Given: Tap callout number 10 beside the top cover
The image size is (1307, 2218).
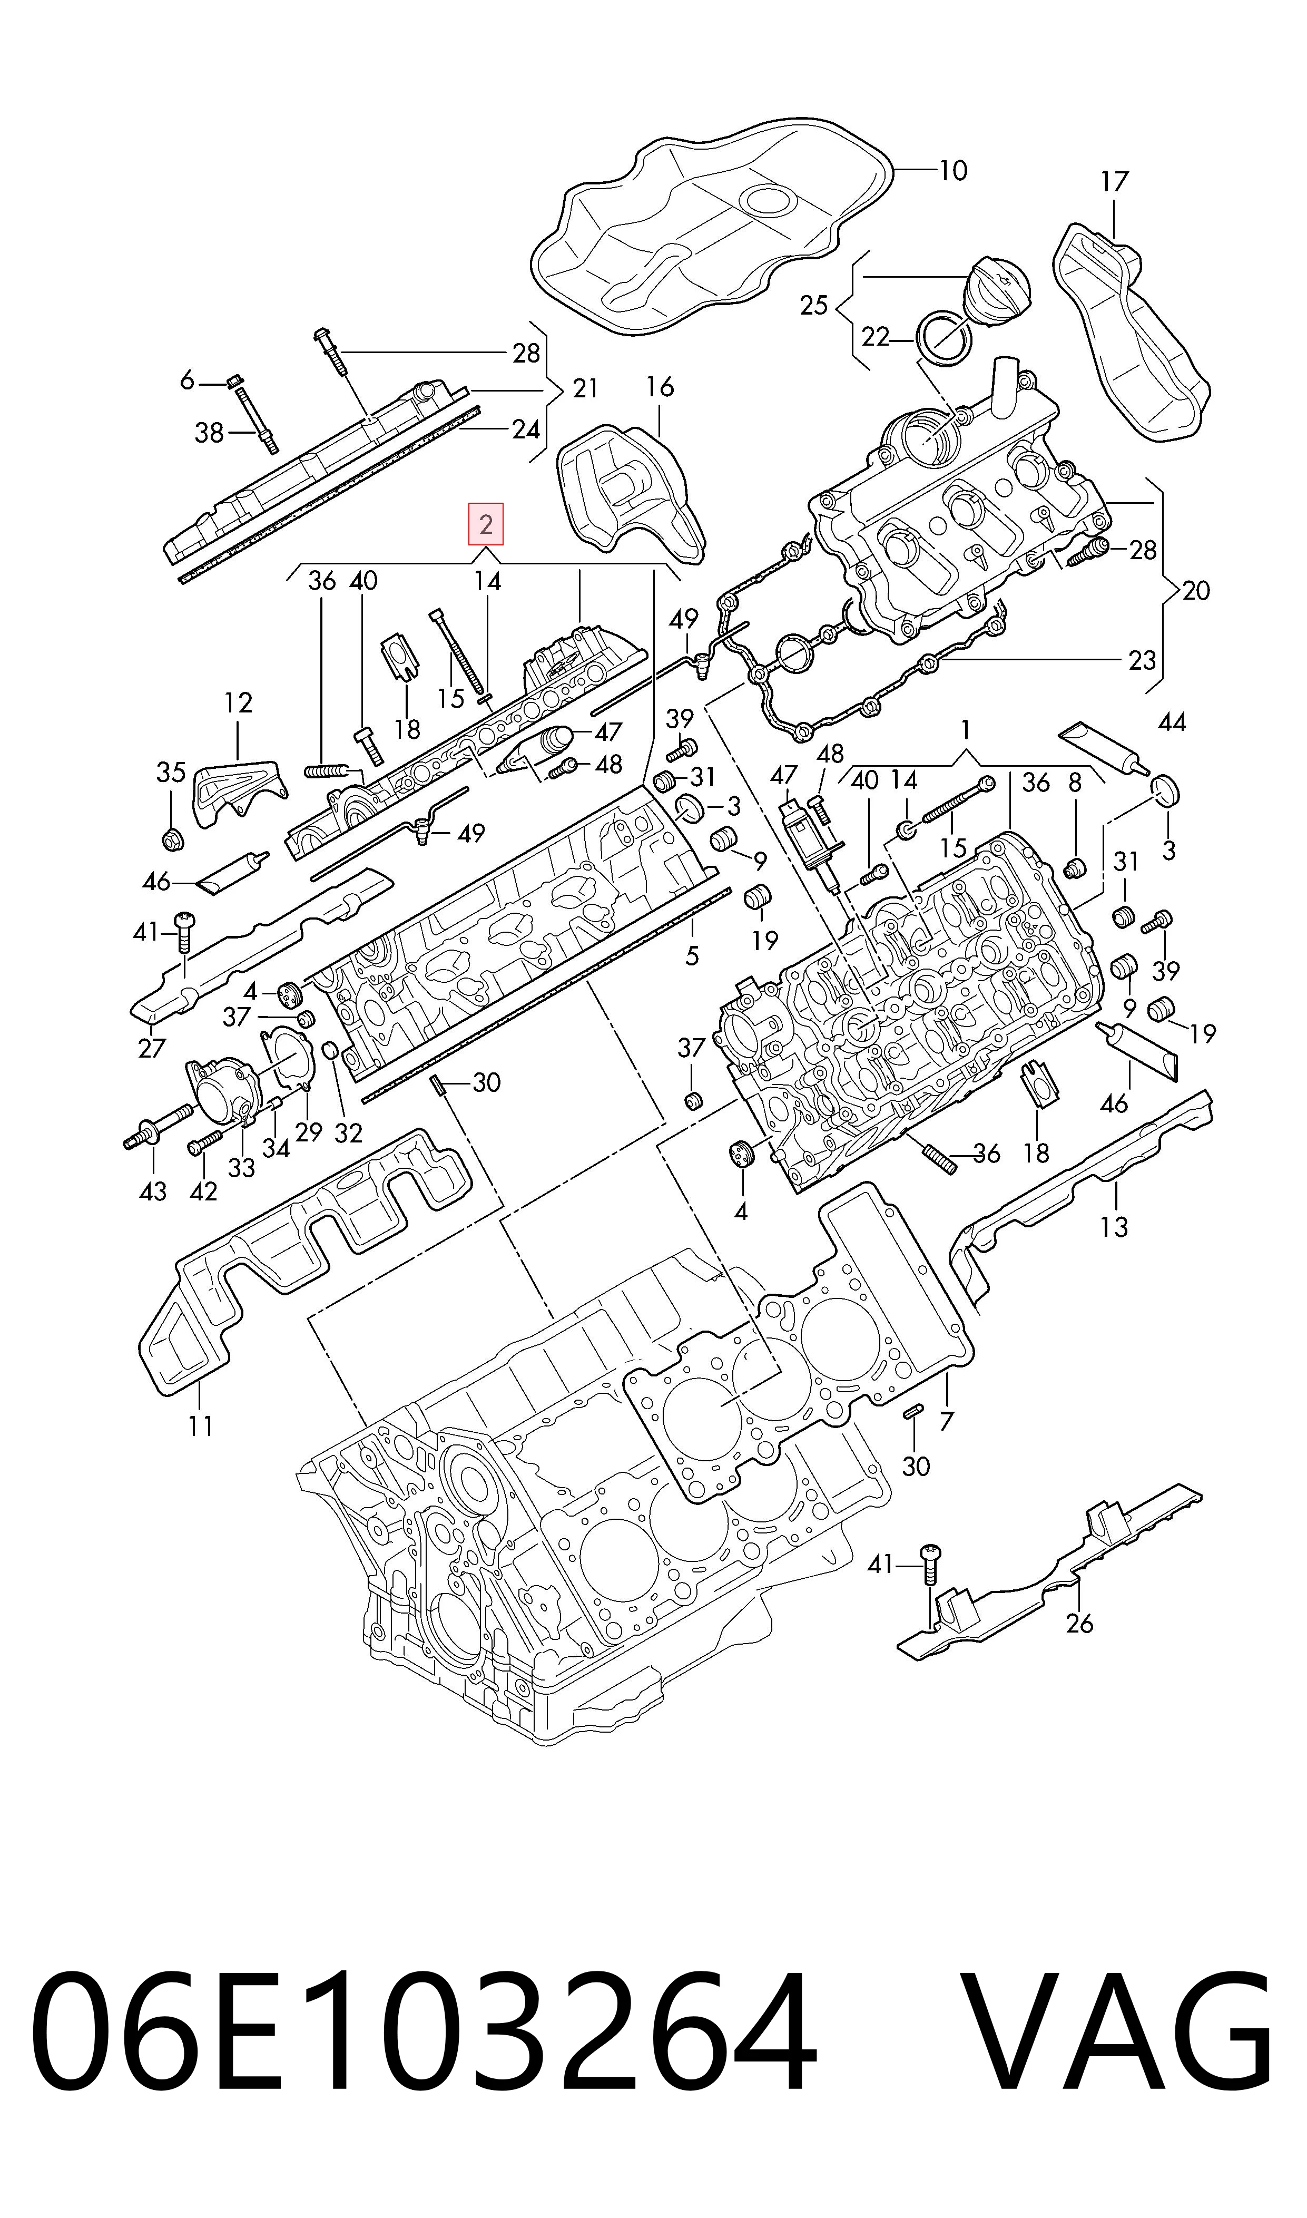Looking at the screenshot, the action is [x=953, y=170].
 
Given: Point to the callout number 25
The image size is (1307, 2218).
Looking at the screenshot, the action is [x=814, y=306].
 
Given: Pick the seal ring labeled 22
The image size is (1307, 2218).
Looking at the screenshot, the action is [x=944, y=337].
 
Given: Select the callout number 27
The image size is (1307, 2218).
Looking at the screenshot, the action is [x=152, y=1048].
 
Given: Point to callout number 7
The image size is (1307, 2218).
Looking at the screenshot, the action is [x=946, y=1421].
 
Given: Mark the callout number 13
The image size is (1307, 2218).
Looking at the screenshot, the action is [x=1114, y=1226].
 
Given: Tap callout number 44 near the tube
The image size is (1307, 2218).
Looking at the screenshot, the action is [x=1172, y=722].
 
